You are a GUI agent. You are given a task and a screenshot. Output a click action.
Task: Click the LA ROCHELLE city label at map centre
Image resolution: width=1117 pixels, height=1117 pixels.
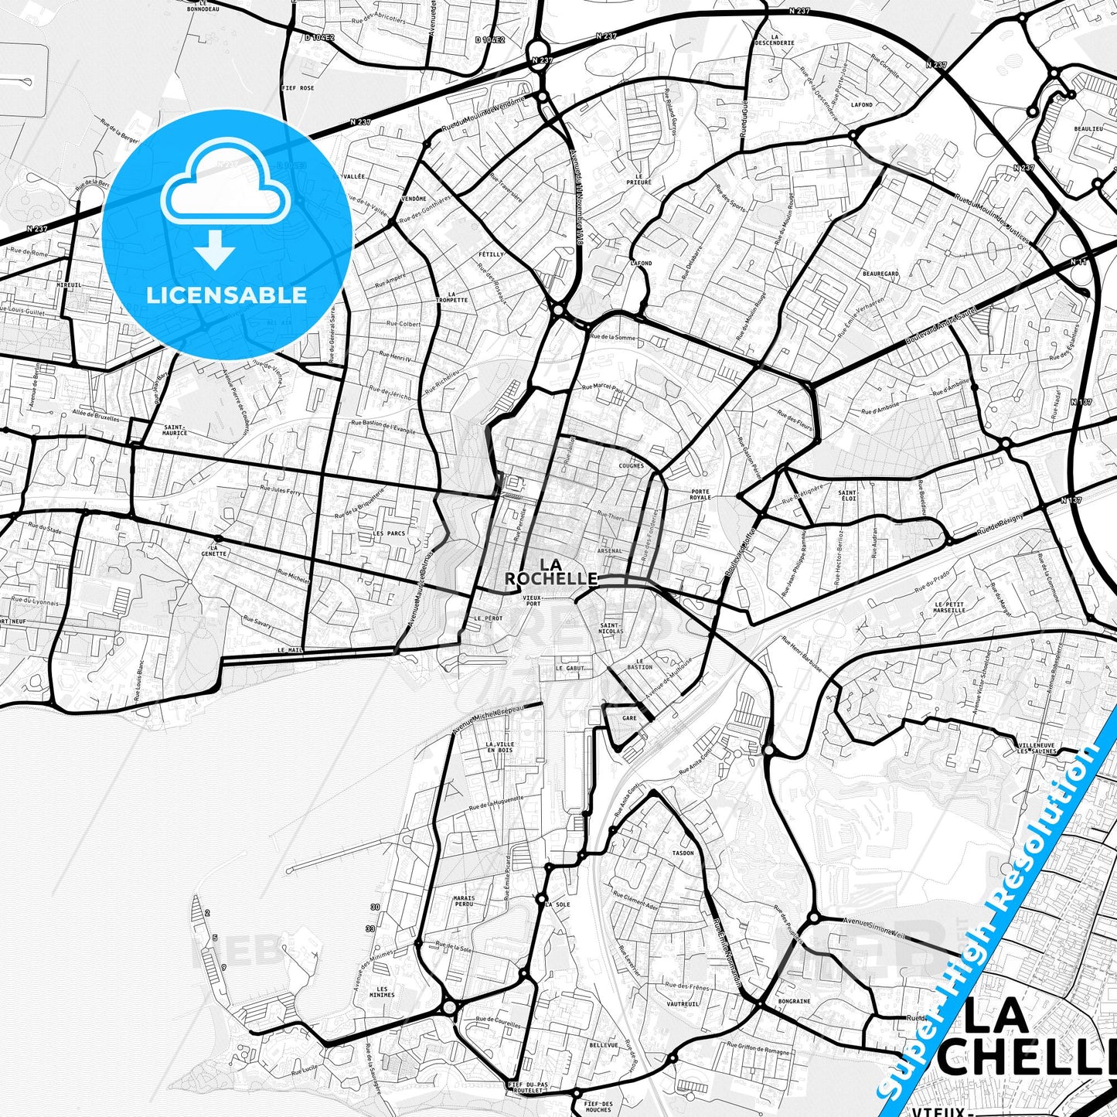550,571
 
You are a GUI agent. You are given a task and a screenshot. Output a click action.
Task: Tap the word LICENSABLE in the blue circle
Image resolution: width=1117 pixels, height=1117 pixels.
226,295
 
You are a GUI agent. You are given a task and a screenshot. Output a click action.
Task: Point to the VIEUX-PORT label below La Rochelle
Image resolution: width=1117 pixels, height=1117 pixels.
532,600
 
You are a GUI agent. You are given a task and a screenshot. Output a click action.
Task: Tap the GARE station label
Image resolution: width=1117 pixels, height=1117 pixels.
629,718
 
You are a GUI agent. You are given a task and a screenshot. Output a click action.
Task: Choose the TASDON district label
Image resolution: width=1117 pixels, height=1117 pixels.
683,853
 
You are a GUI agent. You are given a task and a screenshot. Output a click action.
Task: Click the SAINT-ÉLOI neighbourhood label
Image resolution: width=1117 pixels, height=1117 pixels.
847,495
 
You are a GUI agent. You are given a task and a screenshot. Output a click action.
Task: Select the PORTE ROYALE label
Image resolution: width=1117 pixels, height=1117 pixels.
700,495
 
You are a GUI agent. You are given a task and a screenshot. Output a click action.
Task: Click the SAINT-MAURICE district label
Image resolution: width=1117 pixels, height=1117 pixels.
175,430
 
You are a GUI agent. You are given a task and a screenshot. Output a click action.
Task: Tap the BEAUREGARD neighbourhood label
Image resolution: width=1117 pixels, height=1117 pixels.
880,274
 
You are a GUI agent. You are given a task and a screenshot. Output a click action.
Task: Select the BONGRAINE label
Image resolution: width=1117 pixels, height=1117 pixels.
795,1001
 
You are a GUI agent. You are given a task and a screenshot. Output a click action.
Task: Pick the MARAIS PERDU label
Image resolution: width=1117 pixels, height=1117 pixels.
464,901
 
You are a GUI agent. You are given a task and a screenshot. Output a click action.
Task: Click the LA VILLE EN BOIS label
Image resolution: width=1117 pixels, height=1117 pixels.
499,747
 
